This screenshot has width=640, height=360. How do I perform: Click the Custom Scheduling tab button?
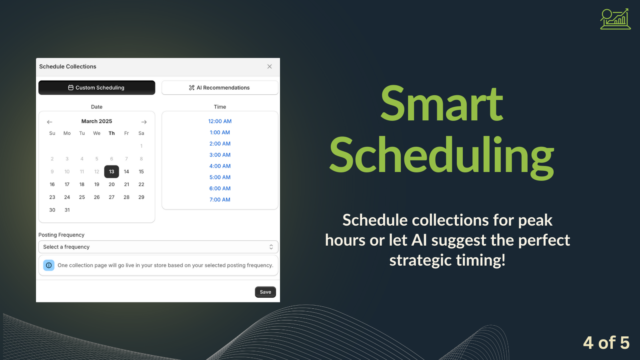97,88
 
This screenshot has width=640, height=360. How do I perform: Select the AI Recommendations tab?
220,88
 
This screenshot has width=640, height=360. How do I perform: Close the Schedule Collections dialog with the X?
270,66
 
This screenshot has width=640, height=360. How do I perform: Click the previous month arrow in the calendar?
50,122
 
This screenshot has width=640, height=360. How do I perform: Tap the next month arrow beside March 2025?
144,122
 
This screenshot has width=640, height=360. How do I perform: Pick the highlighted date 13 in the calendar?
112,172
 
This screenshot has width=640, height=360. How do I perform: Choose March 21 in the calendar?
126,184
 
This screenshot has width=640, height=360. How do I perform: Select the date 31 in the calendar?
67,210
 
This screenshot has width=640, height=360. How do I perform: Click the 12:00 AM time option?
220,121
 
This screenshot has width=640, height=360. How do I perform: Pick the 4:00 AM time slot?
220,166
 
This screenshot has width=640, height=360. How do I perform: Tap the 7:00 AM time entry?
220,200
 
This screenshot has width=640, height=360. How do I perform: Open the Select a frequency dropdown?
158,247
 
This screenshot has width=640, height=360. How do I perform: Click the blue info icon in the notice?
49,265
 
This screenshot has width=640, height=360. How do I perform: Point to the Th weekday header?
112,133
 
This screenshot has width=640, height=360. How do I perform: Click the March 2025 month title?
96,121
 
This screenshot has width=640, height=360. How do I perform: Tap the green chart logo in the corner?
615,19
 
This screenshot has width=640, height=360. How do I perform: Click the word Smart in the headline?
442,104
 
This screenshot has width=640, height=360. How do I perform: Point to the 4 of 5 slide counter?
606,342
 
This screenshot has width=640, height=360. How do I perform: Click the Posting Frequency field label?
62,235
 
